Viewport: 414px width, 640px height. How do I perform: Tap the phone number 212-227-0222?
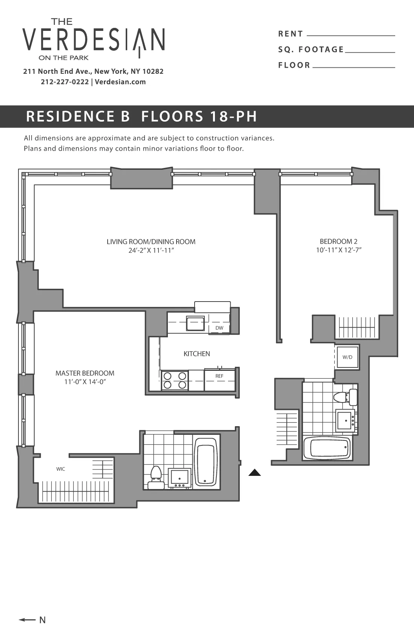click(65, 82)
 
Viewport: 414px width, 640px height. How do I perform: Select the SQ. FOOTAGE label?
click(311, 49)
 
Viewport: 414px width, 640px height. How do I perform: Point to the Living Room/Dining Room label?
click(151, 242)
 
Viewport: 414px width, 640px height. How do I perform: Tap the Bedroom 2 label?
click(338, 241)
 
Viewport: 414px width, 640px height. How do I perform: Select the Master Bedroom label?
click(85, 373)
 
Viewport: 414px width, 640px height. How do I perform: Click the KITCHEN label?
click(196, 354)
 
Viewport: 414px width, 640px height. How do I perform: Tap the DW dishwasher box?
click(219, 328)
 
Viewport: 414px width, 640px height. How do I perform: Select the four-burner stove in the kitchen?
click(175, 380)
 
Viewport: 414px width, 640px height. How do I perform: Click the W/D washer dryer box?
click(347, 357)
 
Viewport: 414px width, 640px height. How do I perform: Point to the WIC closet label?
click(61, 469)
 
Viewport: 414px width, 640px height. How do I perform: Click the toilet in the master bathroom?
click(155, 477)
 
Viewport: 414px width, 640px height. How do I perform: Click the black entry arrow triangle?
click(255, 473)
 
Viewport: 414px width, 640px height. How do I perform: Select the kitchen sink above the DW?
click(195, 323)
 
